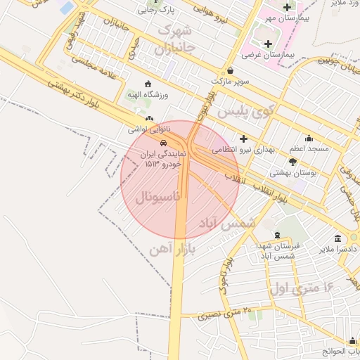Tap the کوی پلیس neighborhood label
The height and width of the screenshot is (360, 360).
tap(243, 111)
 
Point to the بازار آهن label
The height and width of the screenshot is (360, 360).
tap(171, 247)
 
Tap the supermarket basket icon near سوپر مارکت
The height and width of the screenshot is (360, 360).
tap(231, 70)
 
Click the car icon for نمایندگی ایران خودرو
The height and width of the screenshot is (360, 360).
tap(164, 141)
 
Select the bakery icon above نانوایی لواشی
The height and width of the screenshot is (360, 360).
tap(149, 119)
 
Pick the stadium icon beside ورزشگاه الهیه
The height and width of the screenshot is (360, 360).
tap(147, 84)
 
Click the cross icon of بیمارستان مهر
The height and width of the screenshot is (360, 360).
tap(287, 7)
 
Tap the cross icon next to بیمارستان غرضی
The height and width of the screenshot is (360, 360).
tap(268, 44)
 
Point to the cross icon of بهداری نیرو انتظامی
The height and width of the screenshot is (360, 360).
tap(243, 139)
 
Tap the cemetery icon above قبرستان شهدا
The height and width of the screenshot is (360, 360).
tap(276, 234)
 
